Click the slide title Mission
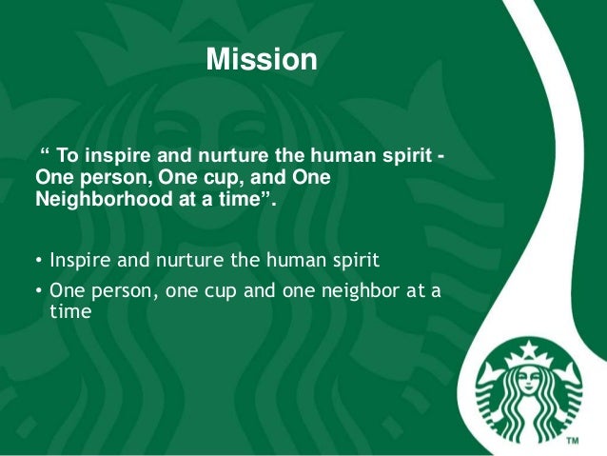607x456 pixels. click(x=262, y=60)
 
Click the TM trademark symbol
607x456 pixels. click(x=573, y=443)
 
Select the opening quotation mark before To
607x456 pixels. click(x=44, y=154)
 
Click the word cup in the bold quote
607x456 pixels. click(x=207, y=178)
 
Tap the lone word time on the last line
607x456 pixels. click(x=70, y=310)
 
